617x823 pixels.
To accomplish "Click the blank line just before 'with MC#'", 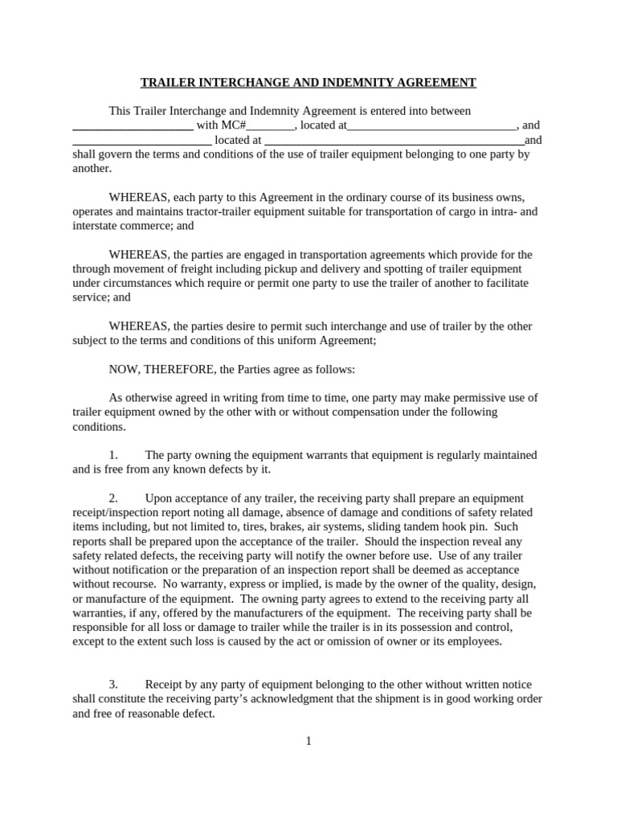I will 133,126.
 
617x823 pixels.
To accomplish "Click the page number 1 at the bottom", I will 308,741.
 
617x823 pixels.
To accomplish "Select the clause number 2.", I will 113,498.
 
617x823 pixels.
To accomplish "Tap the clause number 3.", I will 113,684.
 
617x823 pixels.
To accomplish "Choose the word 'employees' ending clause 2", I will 474,641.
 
